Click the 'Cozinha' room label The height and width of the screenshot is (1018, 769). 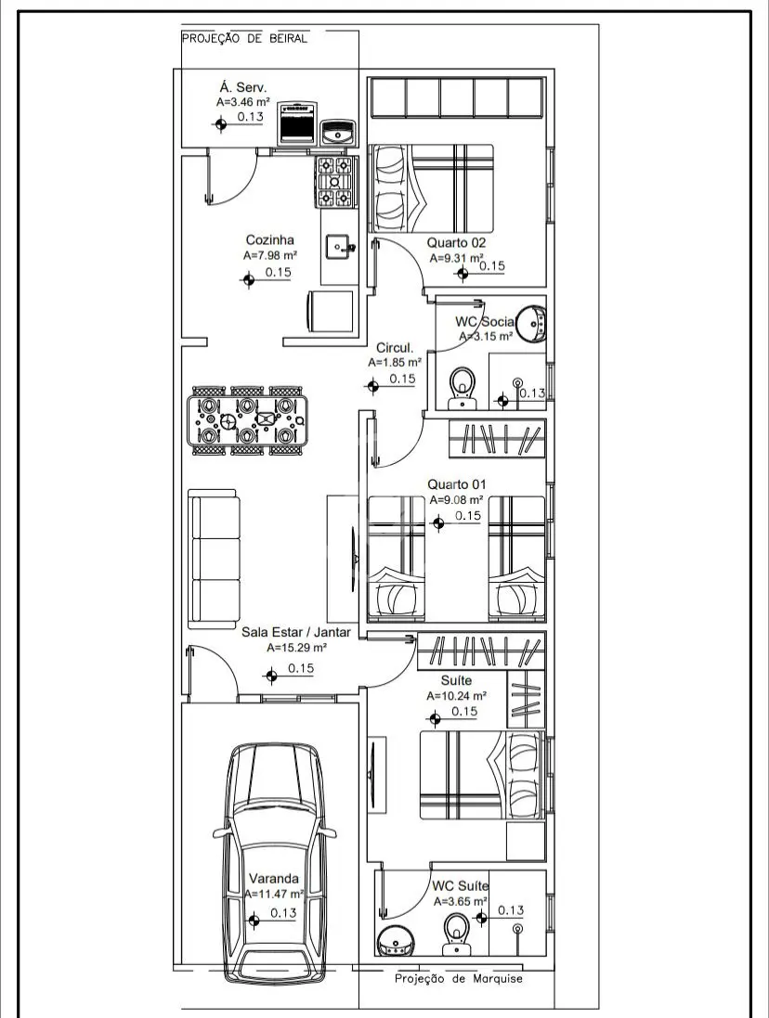(x=269, y=240)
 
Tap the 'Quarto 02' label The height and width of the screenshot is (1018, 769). (x=456, y=243)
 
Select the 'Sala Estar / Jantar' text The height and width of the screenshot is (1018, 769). (x=296, y=632)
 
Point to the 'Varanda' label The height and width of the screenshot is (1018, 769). (x=274, y=879)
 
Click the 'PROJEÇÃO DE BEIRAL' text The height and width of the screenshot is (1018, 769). (x=245, y=38)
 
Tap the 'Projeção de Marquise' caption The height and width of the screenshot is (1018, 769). (x=459, y=979)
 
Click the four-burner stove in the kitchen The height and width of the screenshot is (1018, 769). (x=335, y=183)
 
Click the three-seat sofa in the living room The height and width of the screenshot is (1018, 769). (x=215, y=559)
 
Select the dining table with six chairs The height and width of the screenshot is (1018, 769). (x=247, y=420)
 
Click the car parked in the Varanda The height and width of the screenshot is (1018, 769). (x=274, y=862)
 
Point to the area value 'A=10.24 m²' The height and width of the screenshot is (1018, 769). (x=457, y=695)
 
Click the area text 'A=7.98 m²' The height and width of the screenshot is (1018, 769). (x=270, y=256)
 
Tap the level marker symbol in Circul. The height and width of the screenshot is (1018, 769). (x=372, y=386)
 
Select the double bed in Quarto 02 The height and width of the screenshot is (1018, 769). (x=431, y=187)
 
